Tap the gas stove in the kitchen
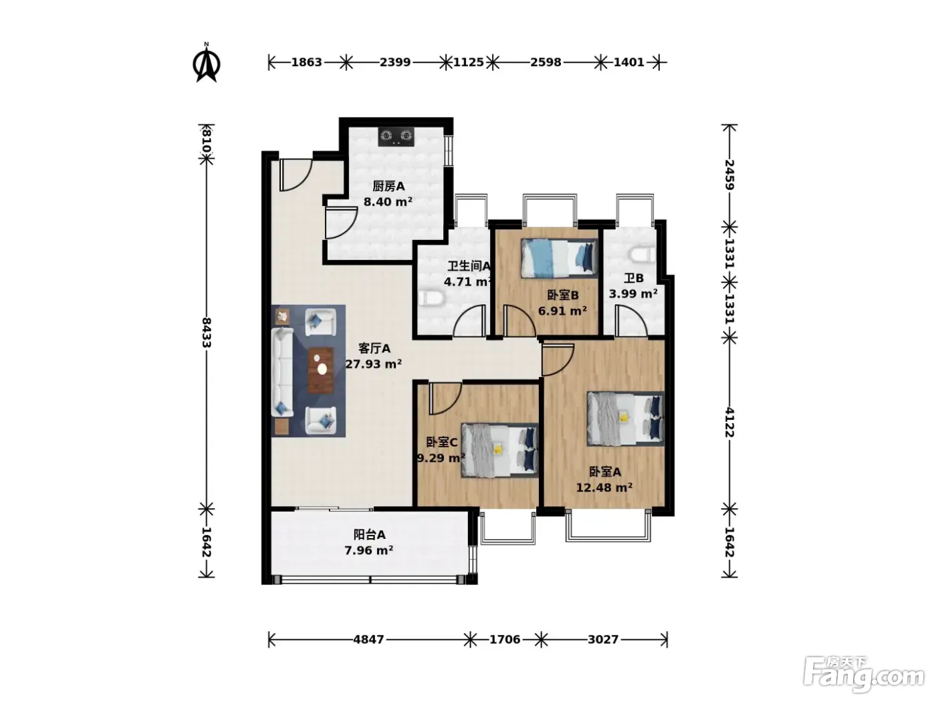(396, 137)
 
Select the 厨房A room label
(388, 187)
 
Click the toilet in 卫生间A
(431, 299)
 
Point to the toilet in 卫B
(642, 255)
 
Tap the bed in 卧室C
(500, 450)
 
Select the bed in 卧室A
(626, 419)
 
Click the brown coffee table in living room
(321, 370)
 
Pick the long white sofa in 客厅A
(282, 372)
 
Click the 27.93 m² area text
(374, 364)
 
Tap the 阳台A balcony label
(369, 534)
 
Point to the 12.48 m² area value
(604, 487)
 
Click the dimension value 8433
(207, 332)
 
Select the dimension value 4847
(369, 640)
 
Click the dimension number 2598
(546, 62)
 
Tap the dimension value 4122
(729, 423)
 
